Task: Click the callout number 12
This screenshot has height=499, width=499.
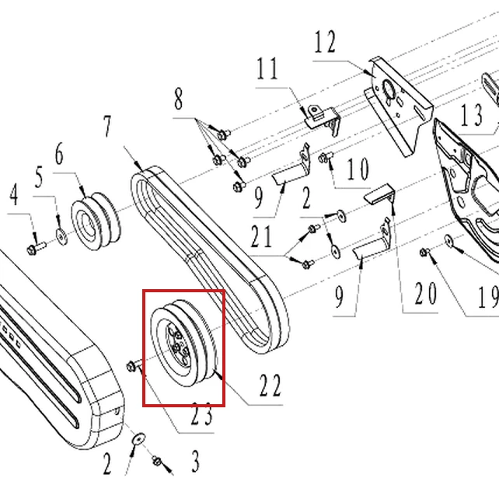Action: pos(325,42)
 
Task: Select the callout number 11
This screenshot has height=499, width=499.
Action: pos(267,68)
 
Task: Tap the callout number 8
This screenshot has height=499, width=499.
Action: pos(179,99)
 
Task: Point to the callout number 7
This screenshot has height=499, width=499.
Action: pos(107,127)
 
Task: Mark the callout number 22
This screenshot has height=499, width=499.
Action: pos(270,385)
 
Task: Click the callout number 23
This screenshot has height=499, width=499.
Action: pos(202,414)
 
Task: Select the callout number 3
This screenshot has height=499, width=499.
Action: pos(195,461)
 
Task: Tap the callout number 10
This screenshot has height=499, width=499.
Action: pos(358,169)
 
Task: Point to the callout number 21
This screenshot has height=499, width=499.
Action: pos(261,236)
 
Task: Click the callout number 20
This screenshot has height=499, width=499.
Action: pos(425,293)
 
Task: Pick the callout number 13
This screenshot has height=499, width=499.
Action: pos(471,115)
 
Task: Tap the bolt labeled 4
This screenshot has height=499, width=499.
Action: pos(37,248)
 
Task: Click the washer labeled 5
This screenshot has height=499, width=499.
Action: pos(61,236)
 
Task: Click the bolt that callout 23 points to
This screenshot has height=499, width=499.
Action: pos(135,366)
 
